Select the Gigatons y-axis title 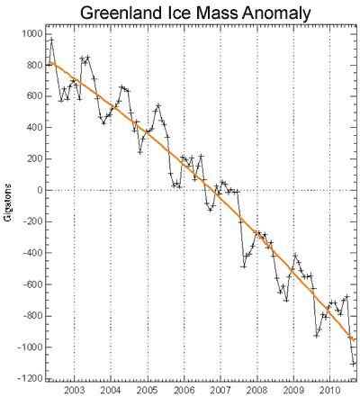pos(9,203)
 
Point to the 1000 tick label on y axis pos(31,33)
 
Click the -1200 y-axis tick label pos(30,379)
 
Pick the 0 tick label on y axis pos(39,190)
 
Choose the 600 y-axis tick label pos(34,96)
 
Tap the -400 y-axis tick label pos(31,253)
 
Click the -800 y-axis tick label pos(31,316)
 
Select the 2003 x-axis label pos(74,391)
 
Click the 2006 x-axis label pos(184,391)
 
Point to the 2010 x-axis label pos(330,391)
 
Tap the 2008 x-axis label pos(257,391)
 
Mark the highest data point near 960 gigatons pos(51,40)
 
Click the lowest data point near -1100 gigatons pos(353,364)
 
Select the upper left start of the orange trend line pos(49,62)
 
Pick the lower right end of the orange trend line pos(355,340)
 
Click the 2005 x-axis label pos(148,391)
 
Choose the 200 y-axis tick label pos(34,158)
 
